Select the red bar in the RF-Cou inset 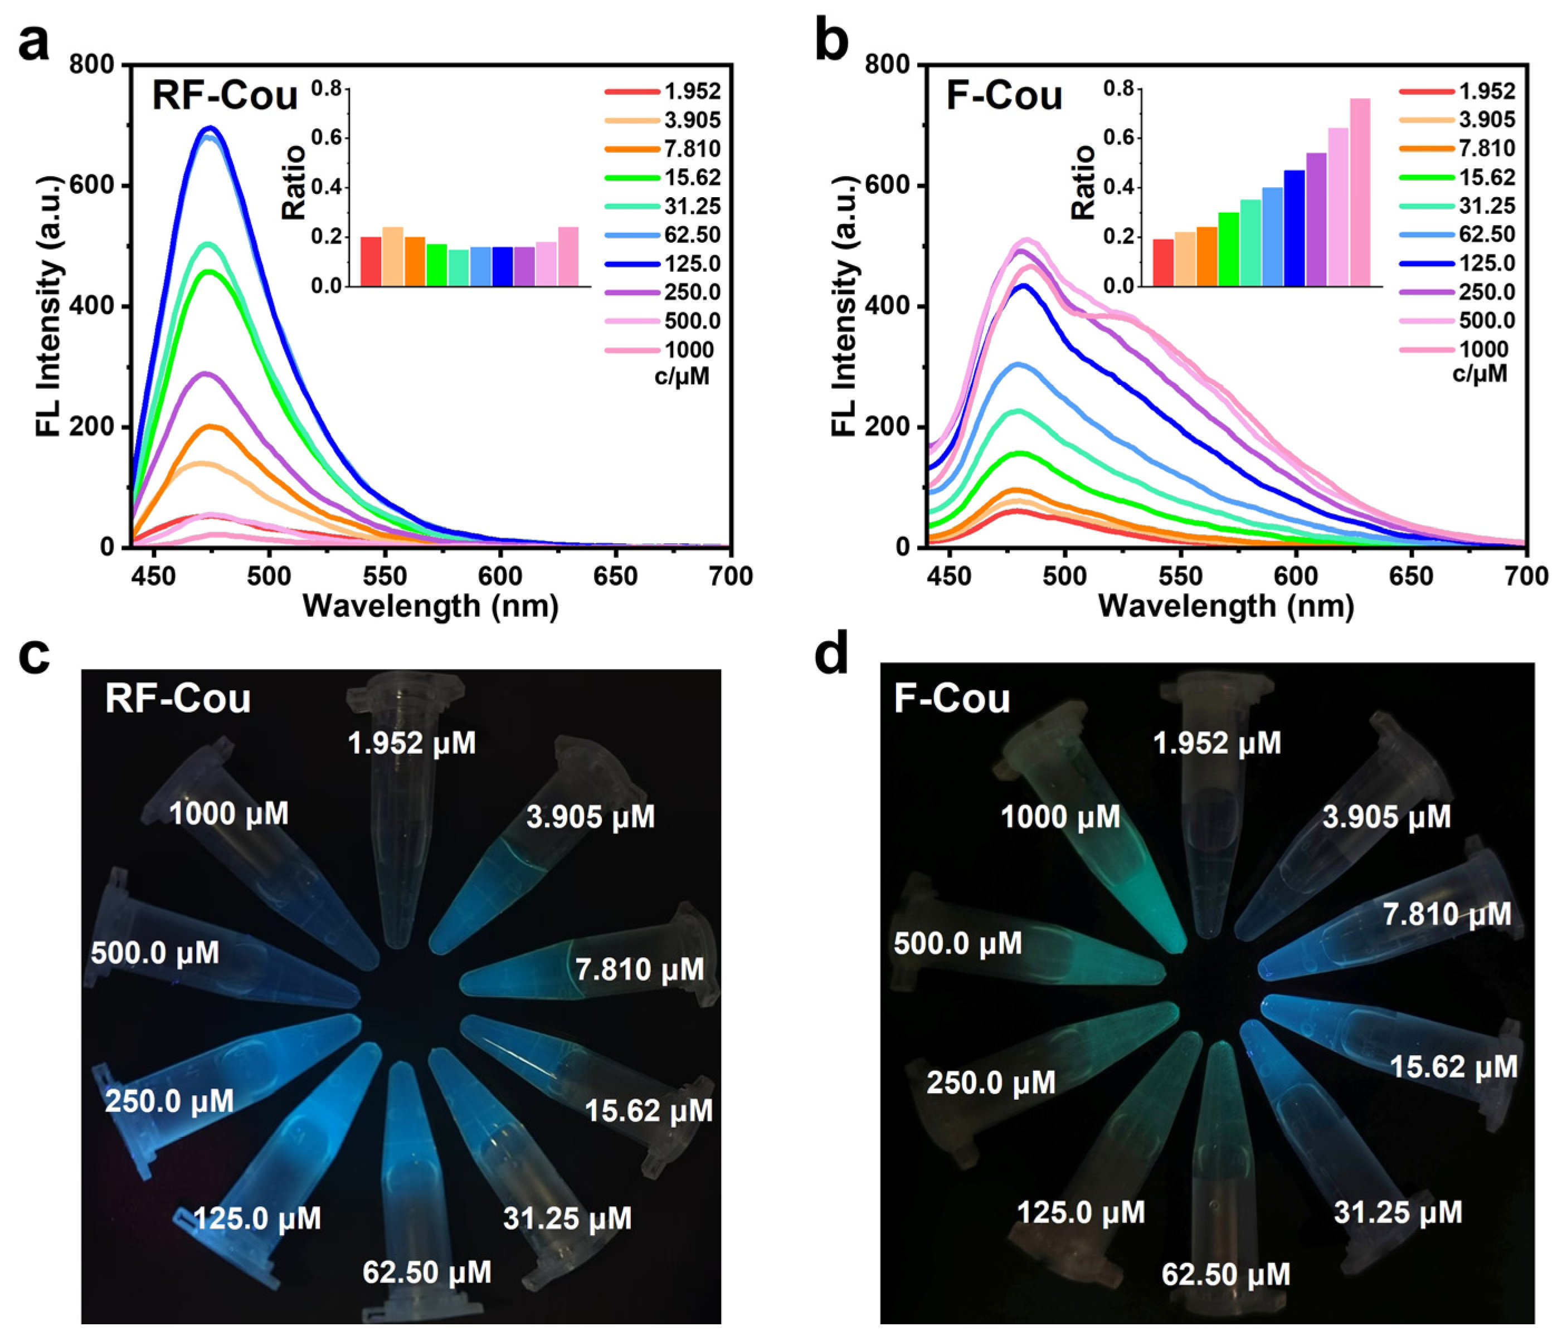(371, 261)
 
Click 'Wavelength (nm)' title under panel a (431, 606)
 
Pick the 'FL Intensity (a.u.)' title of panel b (845, 306)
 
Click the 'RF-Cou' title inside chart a (225, 96)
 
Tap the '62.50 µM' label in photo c (427, 1272)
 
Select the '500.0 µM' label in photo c (155, 953)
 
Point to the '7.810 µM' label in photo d (1447, 914)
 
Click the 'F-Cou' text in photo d (951, 699)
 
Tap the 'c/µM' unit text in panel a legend (682, 376)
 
